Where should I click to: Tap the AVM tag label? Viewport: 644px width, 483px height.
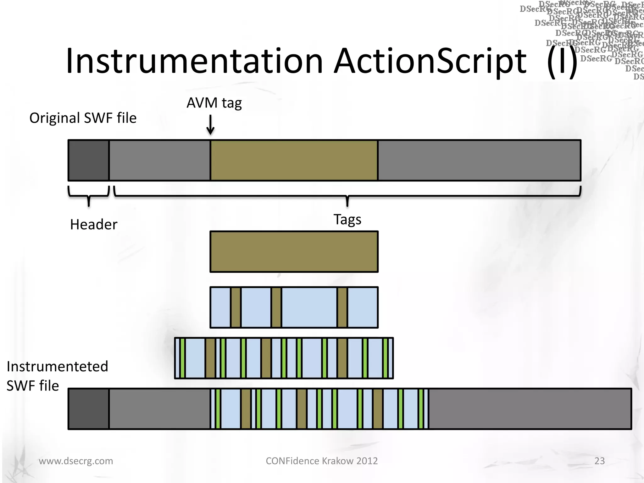(214, 103)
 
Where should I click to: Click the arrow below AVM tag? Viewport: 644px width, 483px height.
(210, 125)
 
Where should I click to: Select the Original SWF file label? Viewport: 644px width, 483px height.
(83, 118)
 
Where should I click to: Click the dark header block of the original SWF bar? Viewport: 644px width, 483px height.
(89, 160)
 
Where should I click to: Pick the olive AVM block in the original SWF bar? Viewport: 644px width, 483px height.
(294, 160)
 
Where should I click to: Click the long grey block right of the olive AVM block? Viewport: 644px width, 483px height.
(479, 160)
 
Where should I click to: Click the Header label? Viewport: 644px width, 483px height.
(94, 225)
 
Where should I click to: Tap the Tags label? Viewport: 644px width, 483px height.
(347, 219)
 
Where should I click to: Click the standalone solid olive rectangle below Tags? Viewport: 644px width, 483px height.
(294, 252)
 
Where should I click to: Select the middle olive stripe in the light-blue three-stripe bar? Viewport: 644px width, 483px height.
(276, 307)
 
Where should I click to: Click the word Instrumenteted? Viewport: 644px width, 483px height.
(58, 367)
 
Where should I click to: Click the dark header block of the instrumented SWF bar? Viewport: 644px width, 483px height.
(89, 409)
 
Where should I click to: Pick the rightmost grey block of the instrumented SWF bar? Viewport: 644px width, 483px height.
(530, 409)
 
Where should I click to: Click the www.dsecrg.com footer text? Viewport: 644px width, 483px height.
(76, 461)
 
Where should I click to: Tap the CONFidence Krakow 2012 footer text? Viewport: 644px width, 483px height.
(322, 461)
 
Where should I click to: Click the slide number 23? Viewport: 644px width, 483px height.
(599, 461)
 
